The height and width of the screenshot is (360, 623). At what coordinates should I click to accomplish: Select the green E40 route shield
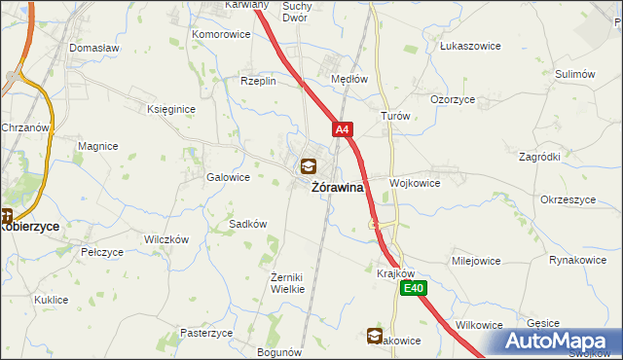pyautogui.click(x=416, y=287)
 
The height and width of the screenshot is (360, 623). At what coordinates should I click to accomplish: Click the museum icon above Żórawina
pyautogui.click(x=309, y=166)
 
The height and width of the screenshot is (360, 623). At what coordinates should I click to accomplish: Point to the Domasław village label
pyautogui.click(x=93, y=47)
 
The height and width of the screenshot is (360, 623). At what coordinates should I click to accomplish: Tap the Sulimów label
pyautogui.click(x=574, y=74)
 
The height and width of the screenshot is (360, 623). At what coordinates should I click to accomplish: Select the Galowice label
pyautogui.click(x=229, y=177)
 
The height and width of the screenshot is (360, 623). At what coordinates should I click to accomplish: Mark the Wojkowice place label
pyautogui.click(x=416, y=183)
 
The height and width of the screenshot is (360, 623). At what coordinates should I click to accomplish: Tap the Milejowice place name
pyautogui.click(x=476, y=261)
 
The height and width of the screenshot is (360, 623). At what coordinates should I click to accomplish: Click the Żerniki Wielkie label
pyautogui.click(x=288, y=283)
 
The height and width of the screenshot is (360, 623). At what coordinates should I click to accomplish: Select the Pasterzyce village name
pyautogui.click(x=206, y=332)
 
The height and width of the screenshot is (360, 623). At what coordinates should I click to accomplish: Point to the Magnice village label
pyautogui.click(x=98, y=146)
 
